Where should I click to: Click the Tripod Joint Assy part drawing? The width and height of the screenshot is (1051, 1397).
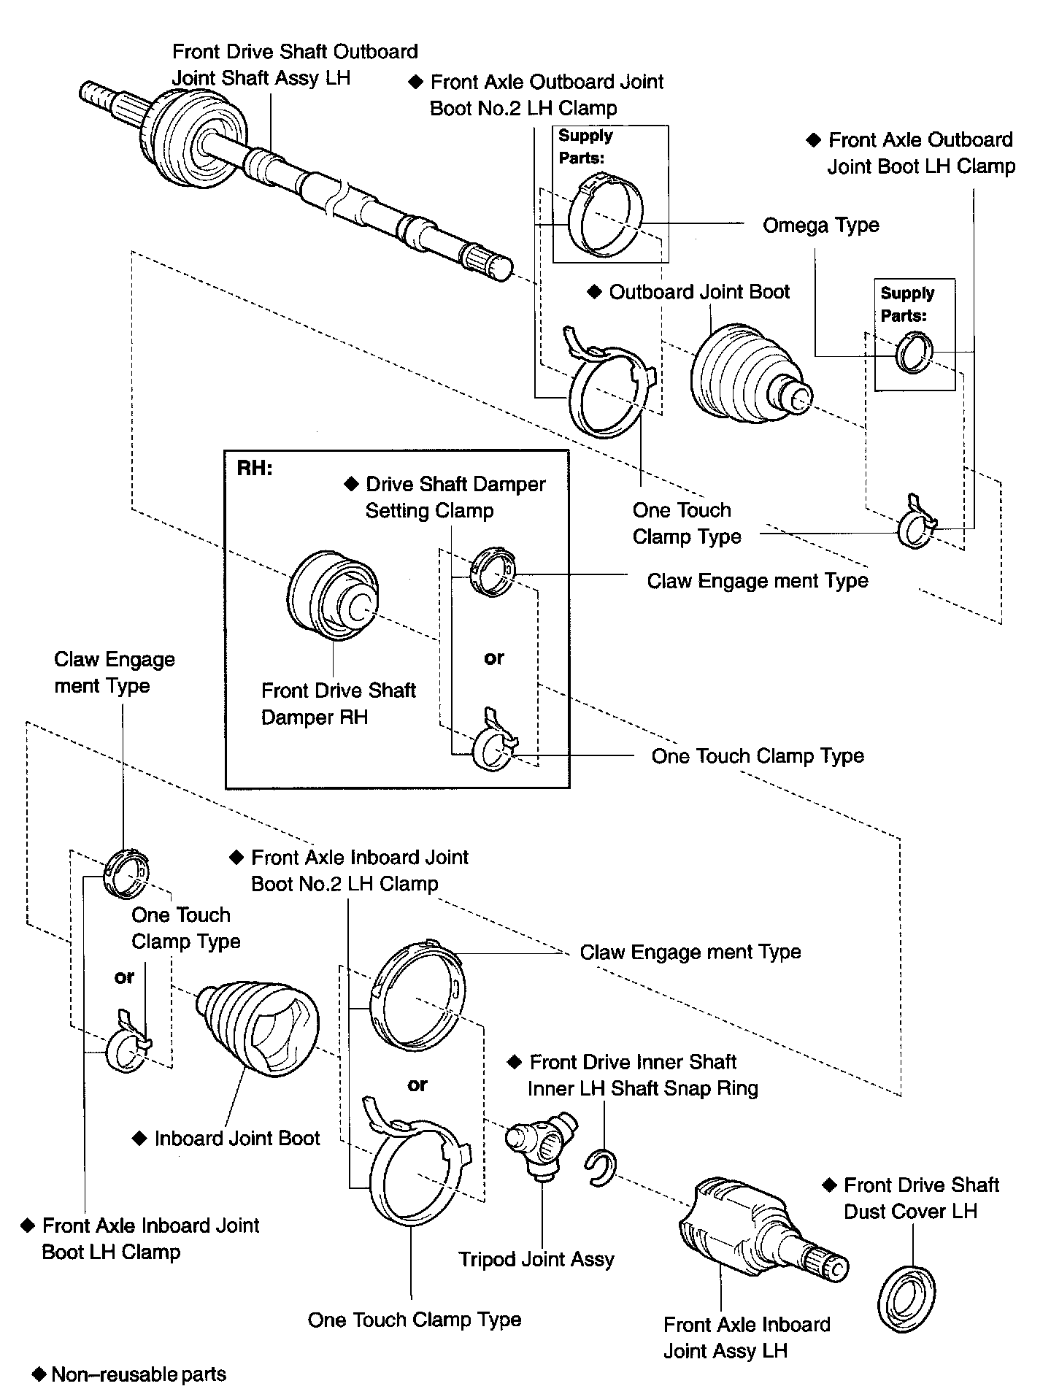[541, 1144]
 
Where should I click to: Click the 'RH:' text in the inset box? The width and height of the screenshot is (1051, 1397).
[255, 469]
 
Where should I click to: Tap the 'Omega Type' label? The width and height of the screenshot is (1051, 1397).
[820, 226]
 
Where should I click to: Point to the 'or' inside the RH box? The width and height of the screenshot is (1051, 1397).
[494, 658]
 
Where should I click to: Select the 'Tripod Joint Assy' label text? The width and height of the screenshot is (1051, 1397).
[536, 1260]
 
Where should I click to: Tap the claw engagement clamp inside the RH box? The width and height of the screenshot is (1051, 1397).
[493, 571]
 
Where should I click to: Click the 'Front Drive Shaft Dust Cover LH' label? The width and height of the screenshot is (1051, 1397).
[920, 1198]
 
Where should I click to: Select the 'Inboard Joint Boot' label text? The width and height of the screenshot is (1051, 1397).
[237, 1139]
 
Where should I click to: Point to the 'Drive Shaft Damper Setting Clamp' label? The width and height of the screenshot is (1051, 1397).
[455, 497]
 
